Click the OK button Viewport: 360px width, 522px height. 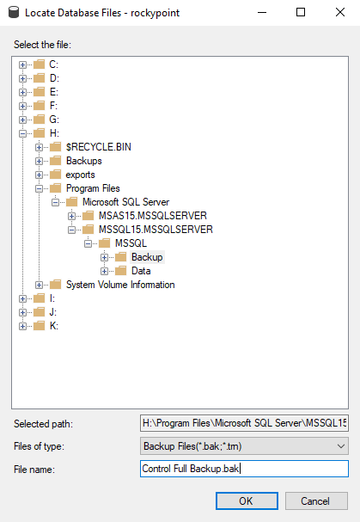pos(247,501)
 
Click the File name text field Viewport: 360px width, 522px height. pos(244,469)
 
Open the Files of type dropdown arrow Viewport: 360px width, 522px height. pos(341,446)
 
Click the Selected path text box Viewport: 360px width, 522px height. pos(244,423)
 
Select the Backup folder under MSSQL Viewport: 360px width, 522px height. pos(147,257)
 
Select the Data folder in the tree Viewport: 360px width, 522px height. pos(141,271)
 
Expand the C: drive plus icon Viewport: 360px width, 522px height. pos(22,64)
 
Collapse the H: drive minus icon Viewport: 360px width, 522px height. pos(22,133)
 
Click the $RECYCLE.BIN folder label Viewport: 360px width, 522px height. pos(99,147)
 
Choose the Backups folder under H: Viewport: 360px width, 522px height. pos(84,161)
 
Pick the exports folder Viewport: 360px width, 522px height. pos(80,175)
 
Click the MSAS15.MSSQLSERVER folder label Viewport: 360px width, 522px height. pos(153,216)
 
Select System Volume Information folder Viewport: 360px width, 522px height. pos(120,285)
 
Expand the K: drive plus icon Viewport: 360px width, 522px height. pos(22,326)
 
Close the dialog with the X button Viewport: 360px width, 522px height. pos(340,13)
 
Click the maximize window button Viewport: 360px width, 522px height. pos(301,12)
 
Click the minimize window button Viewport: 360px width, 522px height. pos(262,13)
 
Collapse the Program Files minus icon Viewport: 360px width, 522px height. pos(39,188)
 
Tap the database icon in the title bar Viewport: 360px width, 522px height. pos(14,12)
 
